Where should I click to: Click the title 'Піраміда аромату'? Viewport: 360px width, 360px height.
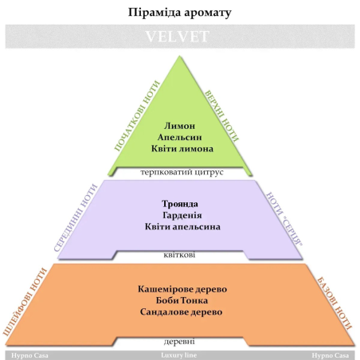pos(180,13)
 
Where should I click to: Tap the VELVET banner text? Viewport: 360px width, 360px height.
pos(178,37)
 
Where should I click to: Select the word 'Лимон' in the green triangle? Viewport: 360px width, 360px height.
pos(179,126)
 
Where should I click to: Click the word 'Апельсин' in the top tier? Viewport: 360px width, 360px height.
pos(180,137)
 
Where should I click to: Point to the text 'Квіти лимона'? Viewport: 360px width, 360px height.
pos(182,149)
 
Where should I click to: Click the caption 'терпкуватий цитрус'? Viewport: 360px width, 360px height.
pos(182,172)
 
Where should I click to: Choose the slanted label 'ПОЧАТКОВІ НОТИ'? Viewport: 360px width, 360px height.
pos(137,116)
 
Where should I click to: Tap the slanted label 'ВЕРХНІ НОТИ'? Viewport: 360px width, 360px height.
pos(221,116)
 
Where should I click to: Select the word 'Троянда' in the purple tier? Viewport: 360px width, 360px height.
pos(180,204)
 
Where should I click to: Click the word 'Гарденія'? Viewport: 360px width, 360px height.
pos(182,215)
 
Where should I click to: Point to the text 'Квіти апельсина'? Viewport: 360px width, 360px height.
pos(182,227)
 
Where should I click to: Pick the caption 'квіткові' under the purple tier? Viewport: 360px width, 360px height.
pos(179,255)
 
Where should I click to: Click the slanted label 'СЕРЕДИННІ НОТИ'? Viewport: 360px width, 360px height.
pos(76,218)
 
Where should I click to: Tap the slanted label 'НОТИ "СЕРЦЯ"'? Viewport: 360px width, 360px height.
pos(284,219)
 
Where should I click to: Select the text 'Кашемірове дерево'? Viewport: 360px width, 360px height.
pos(182,289)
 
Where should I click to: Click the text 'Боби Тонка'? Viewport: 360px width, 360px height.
pos(182,300)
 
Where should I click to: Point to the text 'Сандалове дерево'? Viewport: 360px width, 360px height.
pos(182,312)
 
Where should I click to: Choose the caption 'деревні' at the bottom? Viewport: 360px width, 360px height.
pos(179,341)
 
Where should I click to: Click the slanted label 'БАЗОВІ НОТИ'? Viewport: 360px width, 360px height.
pos(335,303)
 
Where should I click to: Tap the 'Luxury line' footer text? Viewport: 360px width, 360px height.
pos(179,355)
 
